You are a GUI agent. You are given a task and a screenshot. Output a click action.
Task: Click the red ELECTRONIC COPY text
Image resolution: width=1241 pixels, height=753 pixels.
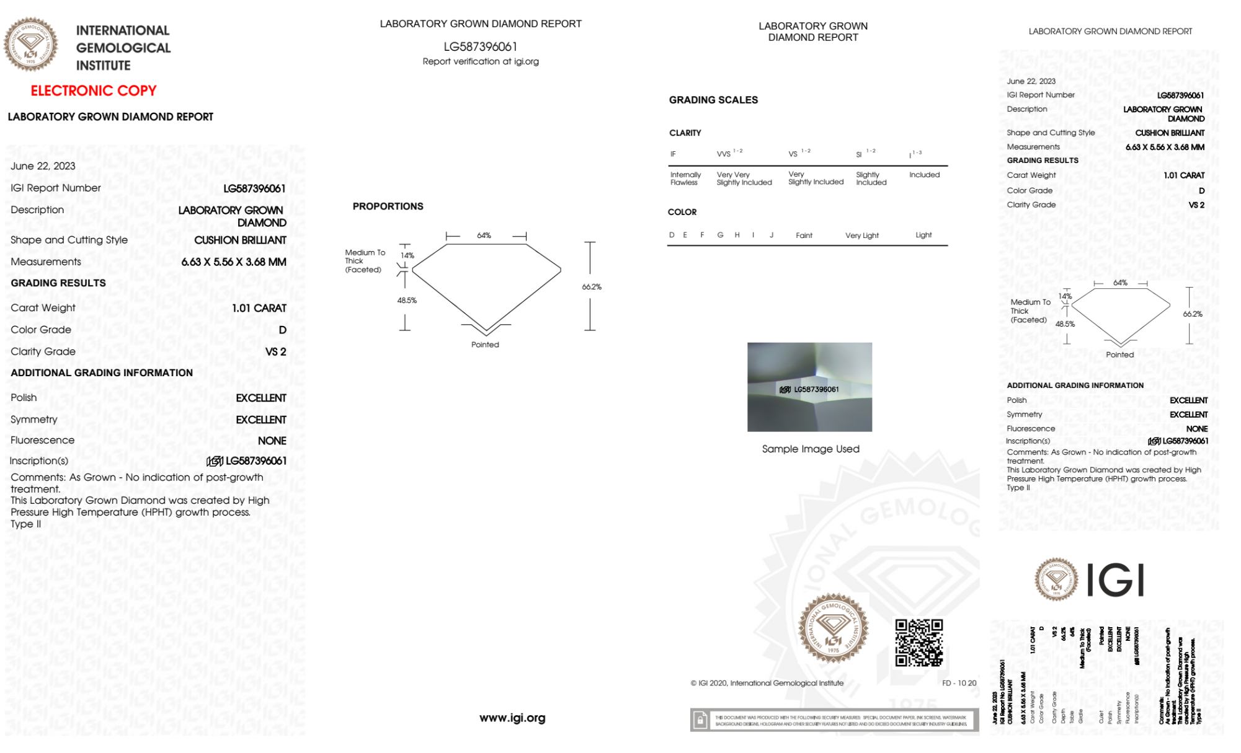click(x=94, y=91)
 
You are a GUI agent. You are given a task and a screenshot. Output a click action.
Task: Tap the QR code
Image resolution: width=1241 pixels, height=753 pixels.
click(x=919, y=643)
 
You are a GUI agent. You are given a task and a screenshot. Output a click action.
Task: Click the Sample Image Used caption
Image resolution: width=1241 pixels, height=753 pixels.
click(x=810, y=449)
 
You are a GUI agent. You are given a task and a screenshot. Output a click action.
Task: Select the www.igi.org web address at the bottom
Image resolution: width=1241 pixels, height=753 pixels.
click(x=512, y=718)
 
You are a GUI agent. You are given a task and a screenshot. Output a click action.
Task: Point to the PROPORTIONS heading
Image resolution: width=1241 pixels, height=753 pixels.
click(x=388, y=206)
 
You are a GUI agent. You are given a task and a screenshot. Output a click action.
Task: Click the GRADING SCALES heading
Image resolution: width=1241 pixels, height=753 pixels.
click(x=713, y=100)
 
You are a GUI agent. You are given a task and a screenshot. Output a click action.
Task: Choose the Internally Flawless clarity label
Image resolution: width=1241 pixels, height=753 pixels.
click(x=685, y=178)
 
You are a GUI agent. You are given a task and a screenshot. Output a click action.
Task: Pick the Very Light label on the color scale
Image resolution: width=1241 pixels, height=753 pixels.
click(x=861, y=236)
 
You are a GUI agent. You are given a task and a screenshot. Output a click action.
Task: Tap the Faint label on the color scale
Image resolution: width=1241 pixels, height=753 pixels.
click(x=804, y=236)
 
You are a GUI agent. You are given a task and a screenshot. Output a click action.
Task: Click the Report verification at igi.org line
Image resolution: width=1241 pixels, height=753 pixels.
click(x=481, y=61)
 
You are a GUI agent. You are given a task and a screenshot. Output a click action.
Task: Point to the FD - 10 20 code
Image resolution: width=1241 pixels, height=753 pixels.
click(x=959, y=683)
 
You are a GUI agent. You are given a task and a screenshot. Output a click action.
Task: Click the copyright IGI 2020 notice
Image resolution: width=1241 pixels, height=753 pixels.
click(x=767, y=683)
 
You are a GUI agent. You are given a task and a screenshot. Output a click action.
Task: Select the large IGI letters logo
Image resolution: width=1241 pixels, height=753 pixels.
click(x=1116, y=581)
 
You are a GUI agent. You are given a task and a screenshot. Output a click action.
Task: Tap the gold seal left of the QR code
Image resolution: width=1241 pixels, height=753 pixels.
click(x=833, y=628)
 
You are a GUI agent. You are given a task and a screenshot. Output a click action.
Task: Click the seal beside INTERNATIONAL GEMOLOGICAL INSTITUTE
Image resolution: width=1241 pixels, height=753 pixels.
click(x=30, y=45)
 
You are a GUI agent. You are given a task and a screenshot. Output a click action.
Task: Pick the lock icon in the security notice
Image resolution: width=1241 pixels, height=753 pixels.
click(x=700, y=720)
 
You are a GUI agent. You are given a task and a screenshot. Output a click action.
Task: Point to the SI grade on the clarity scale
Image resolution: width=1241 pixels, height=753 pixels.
click(x=859, y=154)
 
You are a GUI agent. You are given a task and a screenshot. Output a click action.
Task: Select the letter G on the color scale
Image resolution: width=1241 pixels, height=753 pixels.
click(x=720, y=235)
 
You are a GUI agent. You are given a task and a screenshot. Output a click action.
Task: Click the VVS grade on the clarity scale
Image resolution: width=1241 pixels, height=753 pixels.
click(x=724, y=154)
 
